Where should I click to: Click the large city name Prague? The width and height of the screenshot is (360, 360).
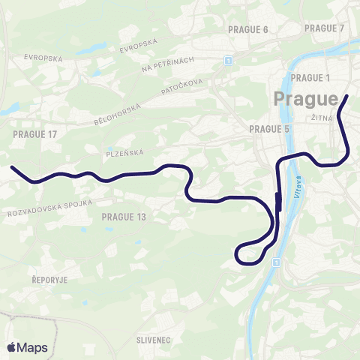[306, 99]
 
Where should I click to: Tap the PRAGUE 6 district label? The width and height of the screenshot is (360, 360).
[247, 30]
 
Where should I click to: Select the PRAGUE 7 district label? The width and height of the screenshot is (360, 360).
[324, 28]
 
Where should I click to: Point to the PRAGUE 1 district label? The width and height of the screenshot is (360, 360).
[310, 78]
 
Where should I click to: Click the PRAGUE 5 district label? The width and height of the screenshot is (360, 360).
[269, 129]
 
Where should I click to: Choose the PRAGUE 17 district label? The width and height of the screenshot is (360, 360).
[35, 133]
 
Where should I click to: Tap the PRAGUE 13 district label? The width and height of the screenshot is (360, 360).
[123, 217]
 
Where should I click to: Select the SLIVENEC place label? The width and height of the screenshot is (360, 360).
[154, 340]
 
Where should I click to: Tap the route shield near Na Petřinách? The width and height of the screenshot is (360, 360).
[228, 59]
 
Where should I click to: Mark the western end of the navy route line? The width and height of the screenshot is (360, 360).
[12, 168]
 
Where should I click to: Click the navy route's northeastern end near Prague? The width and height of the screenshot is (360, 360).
[347, 97]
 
